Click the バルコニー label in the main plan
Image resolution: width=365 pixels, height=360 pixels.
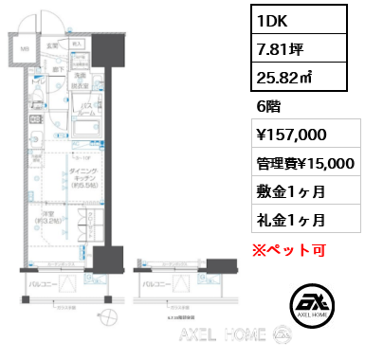[41, 282]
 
